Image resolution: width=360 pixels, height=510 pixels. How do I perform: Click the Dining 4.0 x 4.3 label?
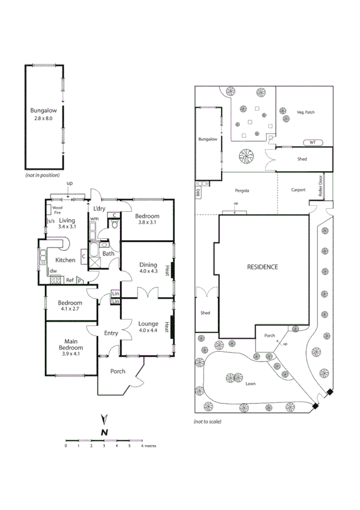click(148, 267)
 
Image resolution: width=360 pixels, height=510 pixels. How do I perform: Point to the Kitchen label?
click(66, 260)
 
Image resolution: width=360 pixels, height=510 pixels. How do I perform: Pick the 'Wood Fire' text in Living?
click(58, 210)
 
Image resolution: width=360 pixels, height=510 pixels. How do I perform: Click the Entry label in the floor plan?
click(111, 333)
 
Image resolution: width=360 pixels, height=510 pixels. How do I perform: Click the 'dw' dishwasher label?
click(53, 271)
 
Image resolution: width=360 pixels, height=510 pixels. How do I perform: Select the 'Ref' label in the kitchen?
click(70, 280)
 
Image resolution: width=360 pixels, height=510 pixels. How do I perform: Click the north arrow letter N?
click(104, 431)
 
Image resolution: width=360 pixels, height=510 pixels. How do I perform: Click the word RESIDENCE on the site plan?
click(263, 266)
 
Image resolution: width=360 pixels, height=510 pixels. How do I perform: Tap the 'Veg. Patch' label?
click(305, 112)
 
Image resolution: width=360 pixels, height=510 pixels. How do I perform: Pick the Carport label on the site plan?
click(298, 190)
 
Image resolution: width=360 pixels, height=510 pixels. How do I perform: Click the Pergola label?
click(242, 190)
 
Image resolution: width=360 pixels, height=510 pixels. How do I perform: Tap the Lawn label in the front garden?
click(250, 383)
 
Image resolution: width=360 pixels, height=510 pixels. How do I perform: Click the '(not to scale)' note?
click(207, 422)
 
